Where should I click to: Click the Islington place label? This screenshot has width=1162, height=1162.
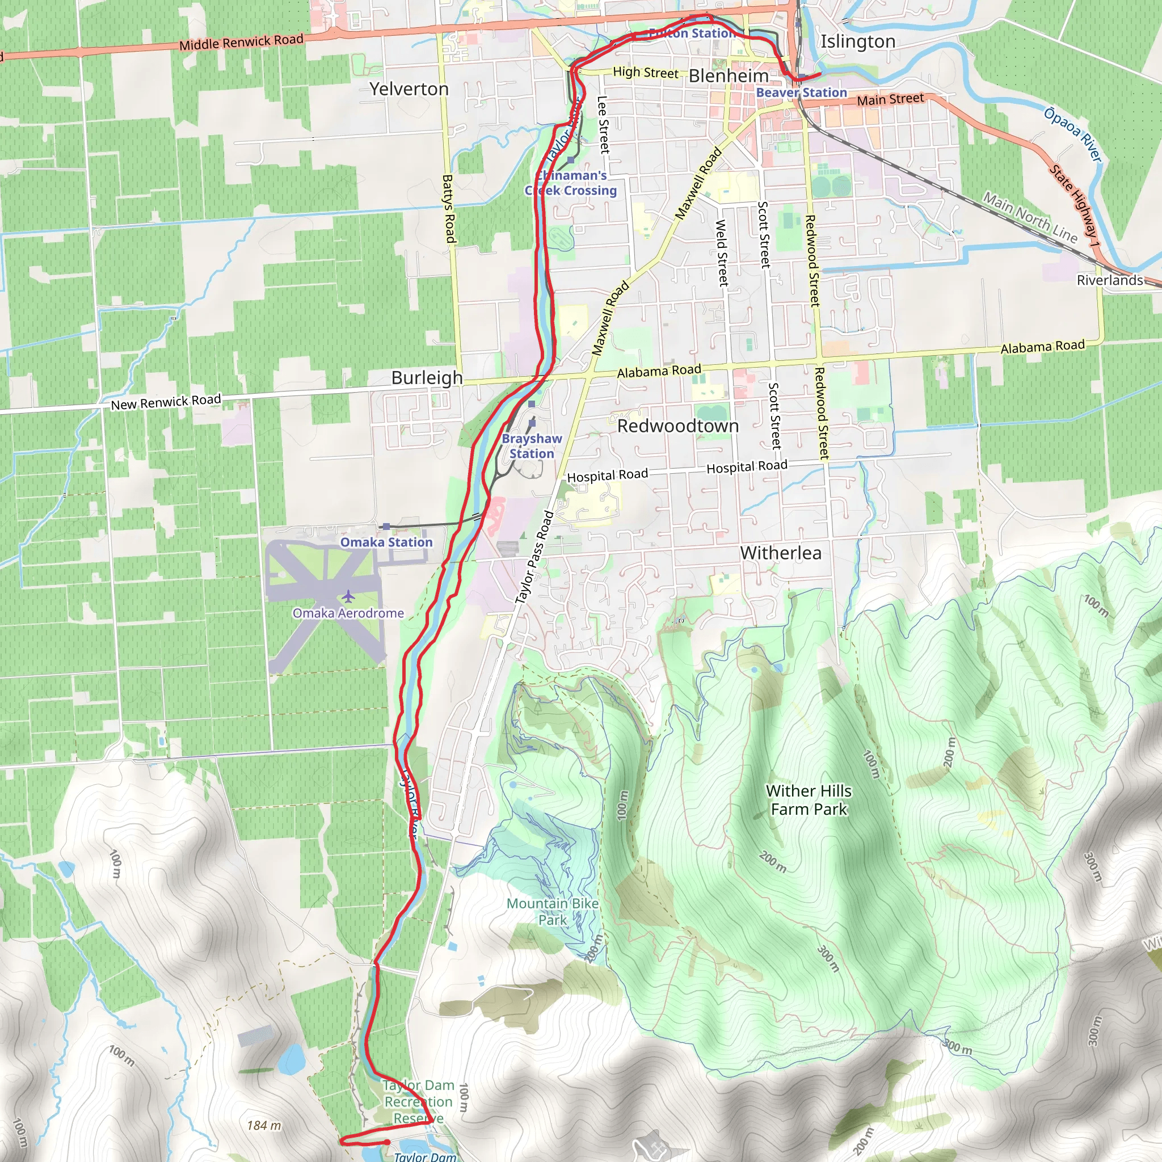(x=858, y=41)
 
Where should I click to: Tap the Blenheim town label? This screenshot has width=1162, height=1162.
(x=729, y=76)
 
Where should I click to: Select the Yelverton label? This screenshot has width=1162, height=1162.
(x=409, y=89)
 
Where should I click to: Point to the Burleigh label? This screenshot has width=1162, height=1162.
(x=427, y=378)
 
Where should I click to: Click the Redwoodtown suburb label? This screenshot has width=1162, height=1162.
(x=678, y=426)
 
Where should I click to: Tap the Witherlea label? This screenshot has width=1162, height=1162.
(x=781, y=553)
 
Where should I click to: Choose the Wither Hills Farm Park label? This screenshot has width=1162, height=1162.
(x=809, y=800)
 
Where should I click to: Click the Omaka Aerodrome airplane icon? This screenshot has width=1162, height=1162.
(x=348, y=597)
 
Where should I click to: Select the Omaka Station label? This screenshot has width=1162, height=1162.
(x=386, y=542)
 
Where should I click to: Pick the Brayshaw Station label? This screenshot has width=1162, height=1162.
(x=532, y=447)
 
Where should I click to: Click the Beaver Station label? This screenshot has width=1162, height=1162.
(x=801, y=92)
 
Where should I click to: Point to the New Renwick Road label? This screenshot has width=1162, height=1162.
(x=166, y=402)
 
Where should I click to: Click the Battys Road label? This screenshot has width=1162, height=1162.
(x=448, y=209)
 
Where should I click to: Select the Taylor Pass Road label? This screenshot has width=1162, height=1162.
(x=534, y=557)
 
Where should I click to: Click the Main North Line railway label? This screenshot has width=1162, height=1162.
(x=1030, y=217)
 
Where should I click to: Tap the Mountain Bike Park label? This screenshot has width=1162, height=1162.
(x=552, y=911)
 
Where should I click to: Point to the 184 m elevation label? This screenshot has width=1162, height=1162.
(x=263, y=1125)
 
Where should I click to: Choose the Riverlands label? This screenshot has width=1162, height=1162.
(x=1110, y=280)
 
